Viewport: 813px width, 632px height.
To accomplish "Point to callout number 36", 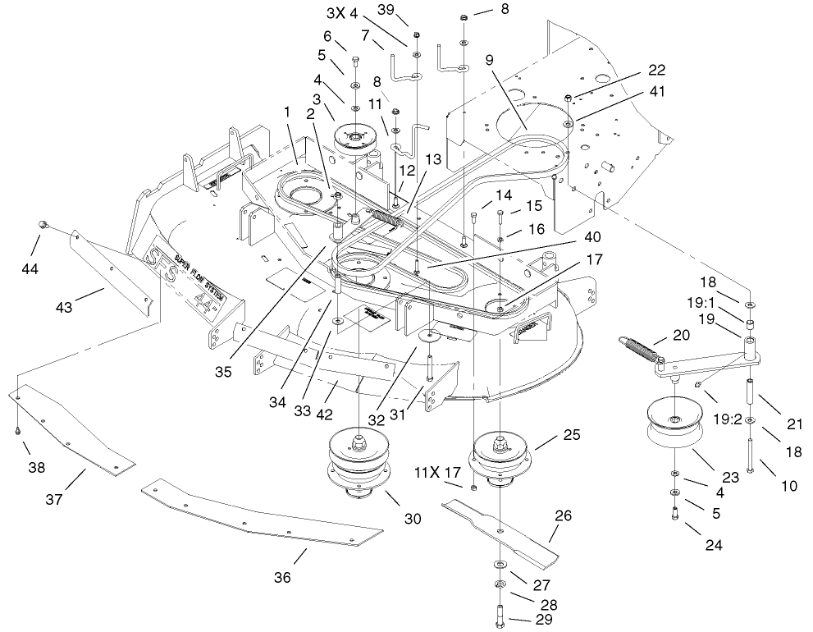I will (x=282, y=577).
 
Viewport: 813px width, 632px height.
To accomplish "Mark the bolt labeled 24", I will (x=674, y=514).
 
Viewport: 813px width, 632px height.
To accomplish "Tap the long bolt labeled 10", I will (x=752, y=451).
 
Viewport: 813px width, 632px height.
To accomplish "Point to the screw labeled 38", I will (x=17, y=428).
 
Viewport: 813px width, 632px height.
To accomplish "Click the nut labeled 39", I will (x=417, y=35).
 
